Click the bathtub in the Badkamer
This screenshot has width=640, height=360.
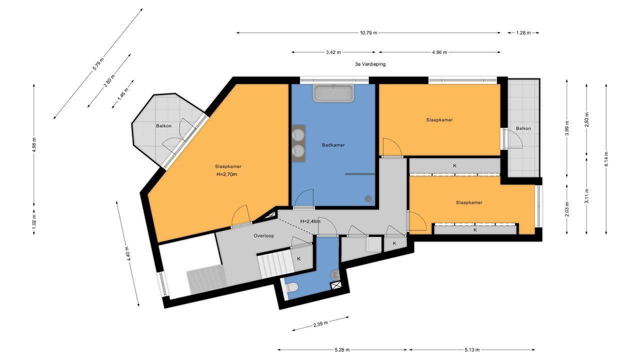point(333,93)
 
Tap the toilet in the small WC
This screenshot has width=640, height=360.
point(291,287)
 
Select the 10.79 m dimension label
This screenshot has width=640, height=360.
point(368,33)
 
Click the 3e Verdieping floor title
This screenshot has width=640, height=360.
point(370,64)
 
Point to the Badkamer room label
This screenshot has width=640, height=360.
point(333,145)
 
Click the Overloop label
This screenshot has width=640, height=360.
point(263,235)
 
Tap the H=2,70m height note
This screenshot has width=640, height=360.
point(226,174)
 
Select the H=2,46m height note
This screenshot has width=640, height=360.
point(310,221)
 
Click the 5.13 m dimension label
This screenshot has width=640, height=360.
point(472,349)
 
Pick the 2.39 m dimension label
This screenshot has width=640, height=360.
point(320,324)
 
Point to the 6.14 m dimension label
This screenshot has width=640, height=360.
point(606,159)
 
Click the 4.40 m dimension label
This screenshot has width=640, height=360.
point(129,253)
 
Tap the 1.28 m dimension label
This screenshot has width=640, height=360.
point(523,33)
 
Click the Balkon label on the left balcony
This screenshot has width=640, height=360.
point(163,125)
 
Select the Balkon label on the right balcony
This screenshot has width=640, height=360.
point(523,128)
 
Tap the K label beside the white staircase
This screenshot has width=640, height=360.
point(299,259)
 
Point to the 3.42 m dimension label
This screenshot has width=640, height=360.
point(333,52)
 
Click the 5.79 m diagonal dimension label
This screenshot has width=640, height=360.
point(98,64)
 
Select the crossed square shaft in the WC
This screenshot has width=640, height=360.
point(335,285)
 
